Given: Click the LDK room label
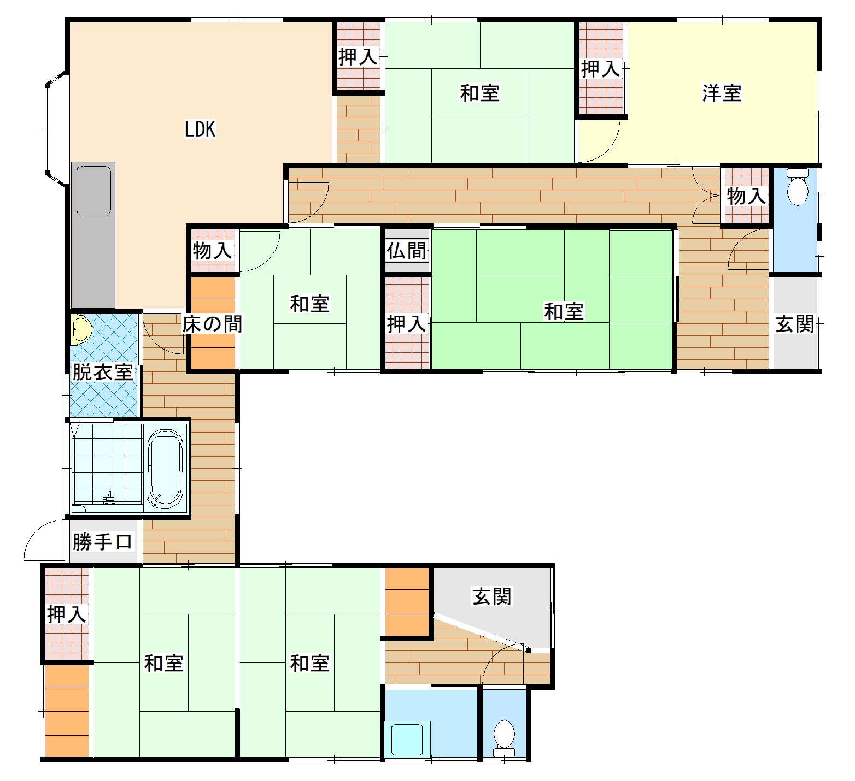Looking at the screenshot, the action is [200, 129].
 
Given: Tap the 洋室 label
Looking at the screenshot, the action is [722, 93].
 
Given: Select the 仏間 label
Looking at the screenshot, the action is [406, 251].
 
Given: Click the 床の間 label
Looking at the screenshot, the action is [212, 324].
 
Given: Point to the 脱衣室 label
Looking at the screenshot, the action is [103, 372].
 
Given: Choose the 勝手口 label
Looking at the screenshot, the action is [102, 542].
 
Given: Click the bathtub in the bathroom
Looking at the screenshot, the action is [166, 469].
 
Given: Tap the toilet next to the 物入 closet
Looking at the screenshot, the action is [797, 187].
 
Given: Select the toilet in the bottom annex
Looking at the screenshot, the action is [503, 738].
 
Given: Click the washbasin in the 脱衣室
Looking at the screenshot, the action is [80, 329].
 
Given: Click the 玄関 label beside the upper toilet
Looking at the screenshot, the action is [795, 324].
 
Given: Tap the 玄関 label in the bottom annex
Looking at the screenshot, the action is [491, 596].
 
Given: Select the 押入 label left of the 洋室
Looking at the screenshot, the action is [600, 69].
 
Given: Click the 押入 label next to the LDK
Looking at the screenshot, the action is [358, 56].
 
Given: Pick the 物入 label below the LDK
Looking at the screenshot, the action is [212, 251].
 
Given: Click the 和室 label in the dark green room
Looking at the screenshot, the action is [564, 311].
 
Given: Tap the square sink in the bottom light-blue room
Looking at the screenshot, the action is [407, 739].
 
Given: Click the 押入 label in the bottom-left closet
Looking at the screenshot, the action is [67, 614].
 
